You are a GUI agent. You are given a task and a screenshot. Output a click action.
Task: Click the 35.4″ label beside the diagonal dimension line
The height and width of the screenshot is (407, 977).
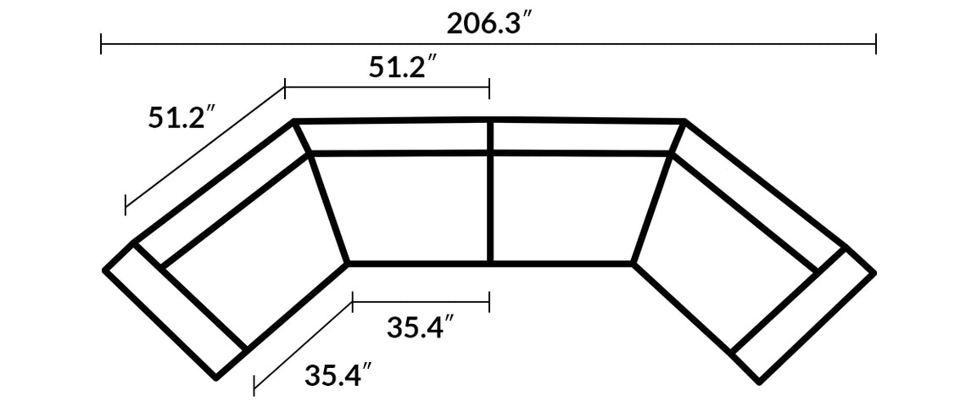tap(338, 374)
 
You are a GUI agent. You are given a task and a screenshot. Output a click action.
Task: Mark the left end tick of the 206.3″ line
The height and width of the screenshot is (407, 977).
tap(102, 43)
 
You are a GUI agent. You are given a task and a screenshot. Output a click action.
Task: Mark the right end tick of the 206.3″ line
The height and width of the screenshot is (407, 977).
tap(875, 43)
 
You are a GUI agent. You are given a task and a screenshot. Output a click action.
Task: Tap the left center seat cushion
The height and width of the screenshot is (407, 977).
tap(405, 208)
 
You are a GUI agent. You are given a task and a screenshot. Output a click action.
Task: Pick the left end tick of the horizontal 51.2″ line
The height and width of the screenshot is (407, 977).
tap(286, 86)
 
